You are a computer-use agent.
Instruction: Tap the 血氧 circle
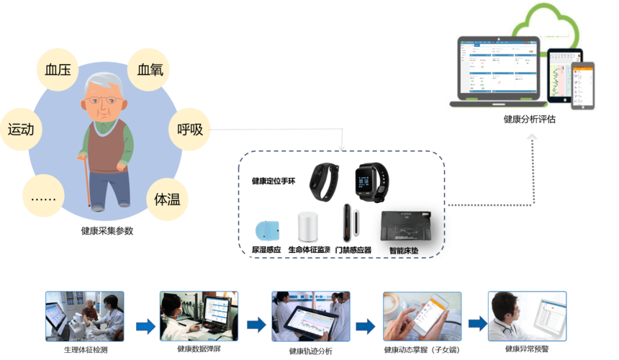(150, 70)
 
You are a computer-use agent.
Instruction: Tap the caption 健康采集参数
(107, 231)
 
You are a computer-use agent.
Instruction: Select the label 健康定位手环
(273, 181)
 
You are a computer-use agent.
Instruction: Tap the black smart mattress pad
(407, 227)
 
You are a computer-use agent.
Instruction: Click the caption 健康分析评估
(529, 120)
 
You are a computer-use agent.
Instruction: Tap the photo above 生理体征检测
(85, 315)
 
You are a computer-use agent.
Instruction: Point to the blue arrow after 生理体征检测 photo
(145, 326)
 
